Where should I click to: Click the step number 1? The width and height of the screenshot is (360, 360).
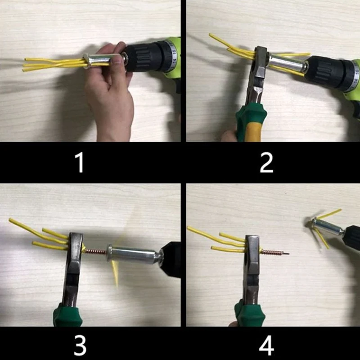pos(79,162)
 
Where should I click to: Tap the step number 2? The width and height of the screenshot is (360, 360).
pos(266,162)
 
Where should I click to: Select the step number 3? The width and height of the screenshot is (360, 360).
pos(80,345)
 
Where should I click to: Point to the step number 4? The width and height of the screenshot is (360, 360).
pos(266,345)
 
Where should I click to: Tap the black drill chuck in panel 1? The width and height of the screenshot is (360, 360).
pos(144,58)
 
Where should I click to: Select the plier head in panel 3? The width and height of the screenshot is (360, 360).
pos(75,256)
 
